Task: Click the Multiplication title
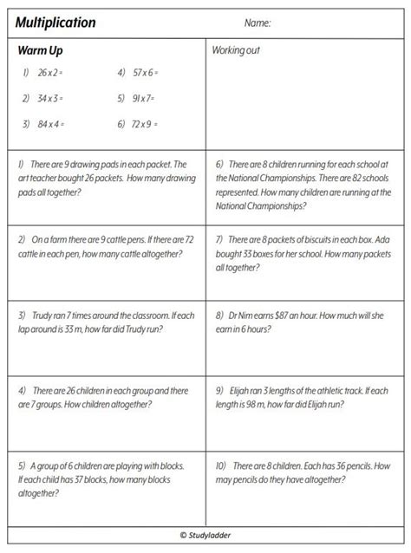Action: coord(55,23)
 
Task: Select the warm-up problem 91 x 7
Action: coord(143,99)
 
